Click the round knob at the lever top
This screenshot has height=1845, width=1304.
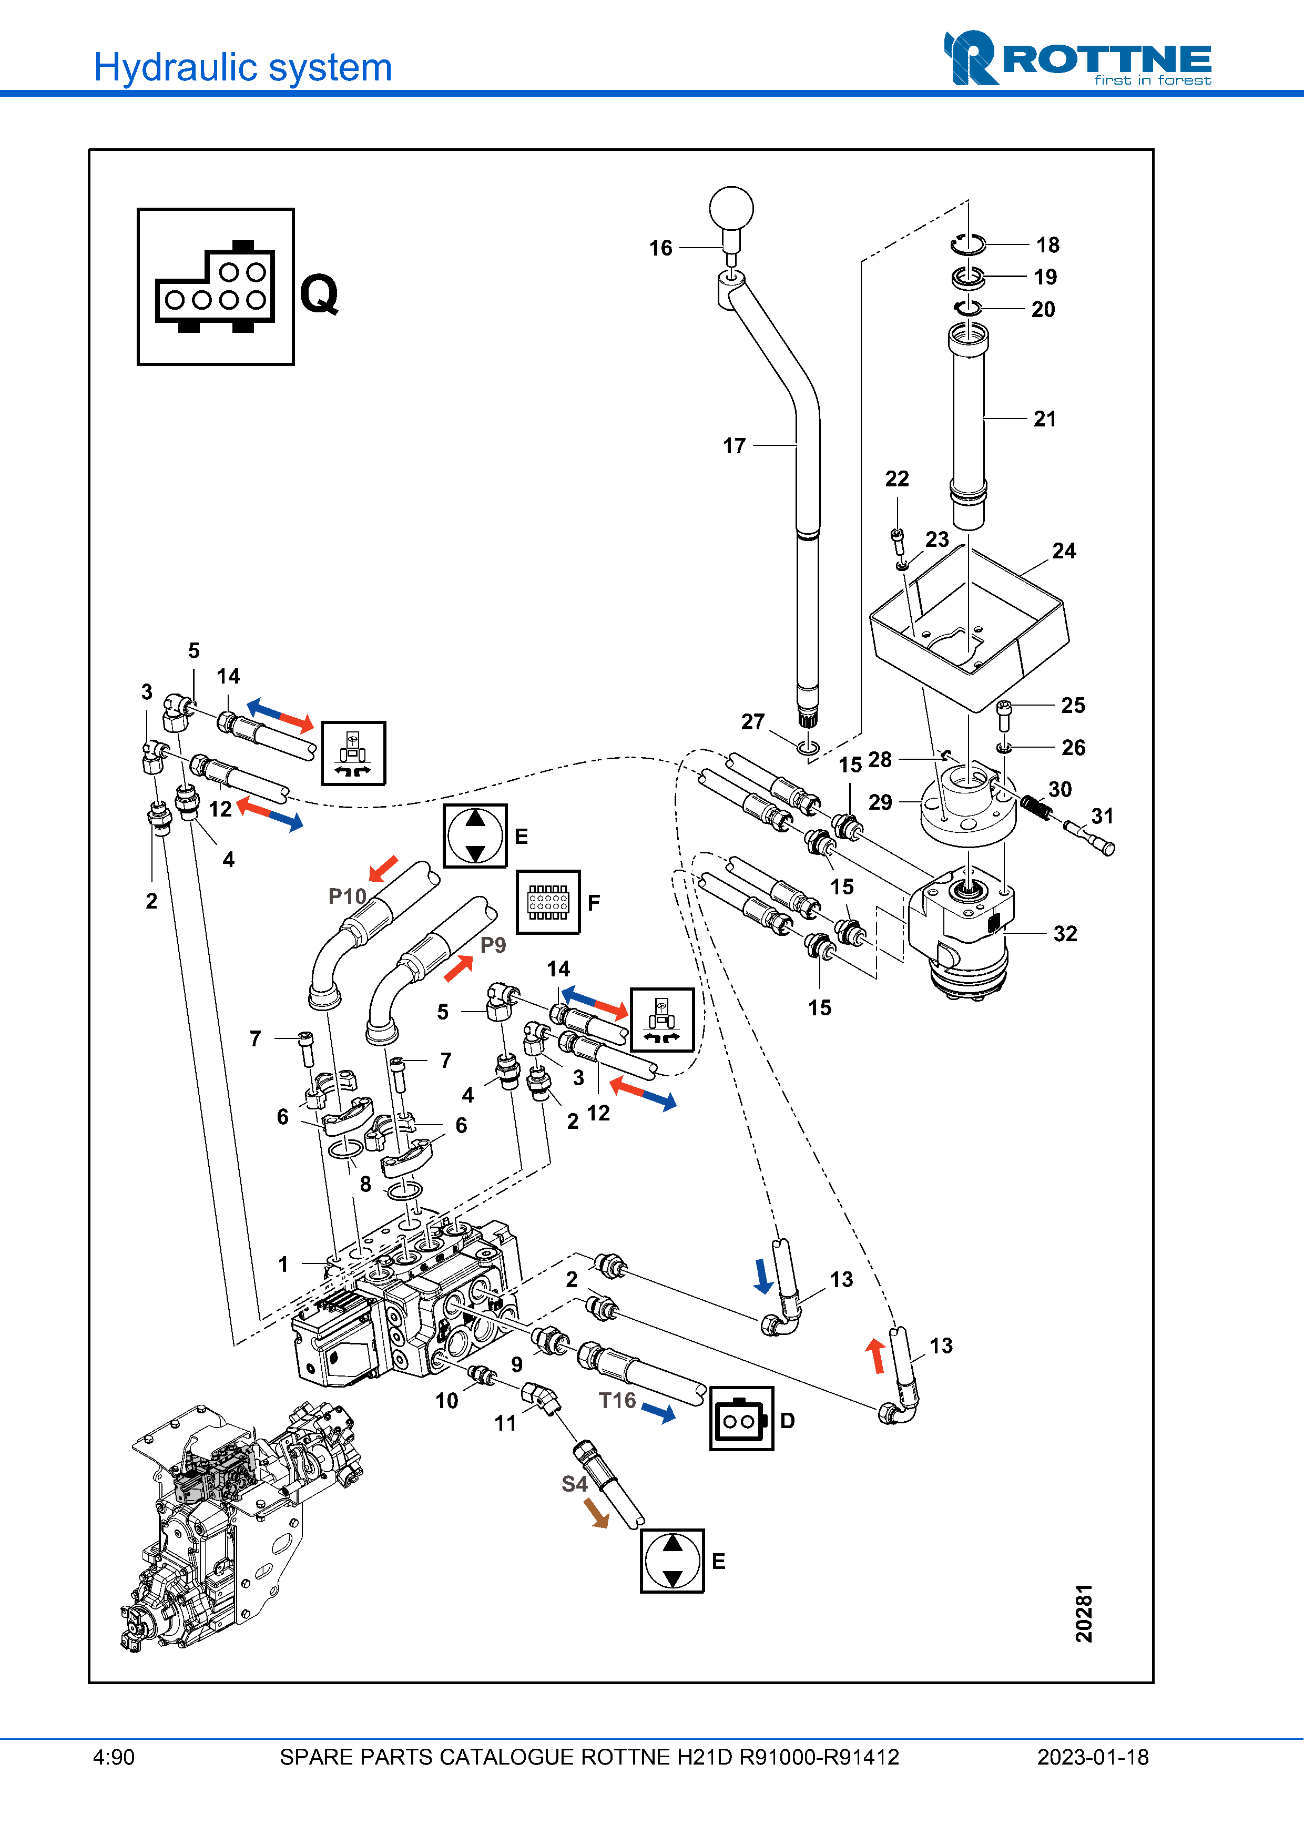[731, 209]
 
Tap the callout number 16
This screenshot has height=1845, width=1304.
[660, 248]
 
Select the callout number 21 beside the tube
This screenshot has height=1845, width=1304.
[1044, 419]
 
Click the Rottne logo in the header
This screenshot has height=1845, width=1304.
[1077, 59]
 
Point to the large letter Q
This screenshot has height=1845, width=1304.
[319, 293]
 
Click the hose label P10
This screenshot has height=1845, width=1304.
[347, 896]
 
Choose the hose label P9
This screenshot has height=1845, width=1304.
[493, 945]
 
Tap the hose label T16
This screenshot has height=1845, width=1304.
[617, 1401]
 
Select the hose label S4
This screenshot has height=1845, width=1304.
[575, 1484]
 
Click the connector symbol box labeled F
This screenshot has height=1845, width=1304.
[548, 902]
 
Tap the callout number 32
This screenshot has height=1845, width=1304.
[1065, 934]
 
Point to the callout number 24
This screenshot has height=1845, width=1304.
[1064, 551]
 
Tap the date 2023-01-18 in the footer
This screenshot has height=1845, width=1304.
[1093, 1757]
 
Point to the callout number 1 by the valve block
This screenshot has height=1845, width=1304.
[283, 1264]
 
